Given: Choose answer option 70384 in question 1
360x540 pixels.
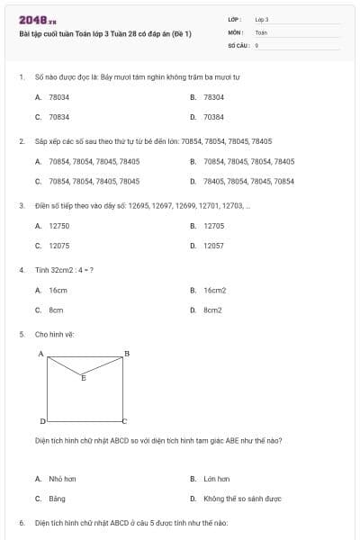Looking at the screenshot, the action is pos(213,117).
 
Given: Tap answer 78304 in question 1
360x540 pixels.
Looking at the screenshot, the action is pos(213,96).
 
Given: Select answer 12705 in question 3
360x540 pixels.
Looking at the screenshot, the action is pos(213,226).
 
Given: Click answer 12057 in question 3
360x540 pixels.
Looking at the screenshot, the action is pos(213,246).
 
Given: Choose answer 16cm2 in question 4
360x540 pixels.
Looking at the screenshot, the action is pos(214,291).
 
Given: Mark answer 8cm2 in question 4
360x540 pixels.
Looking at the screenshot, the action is pos(212,310).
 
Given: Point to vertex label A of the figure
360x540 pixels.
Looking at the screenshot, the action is pos(41,353).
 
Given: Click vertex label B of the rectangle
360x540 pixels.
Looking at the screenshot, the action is pos(127,353).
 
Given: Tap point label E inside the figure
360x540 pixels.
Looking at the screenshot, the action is pos(84,378).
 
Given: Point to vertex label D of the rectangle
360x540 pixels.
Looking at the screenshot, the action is pos(41,421).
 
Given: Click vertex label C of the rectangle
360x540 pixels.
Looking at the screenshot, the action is pos(125,421).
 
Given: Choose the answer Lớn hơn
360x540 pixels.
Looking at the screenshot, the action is pos(216,479).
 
